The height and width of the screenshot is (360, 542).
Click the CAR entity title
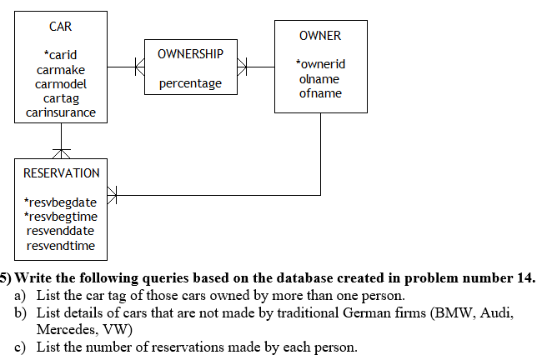pyautogui.click(x=61, y=27)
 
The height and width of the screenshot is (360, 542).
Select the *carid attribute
pyautogui.click(x=61, y=55)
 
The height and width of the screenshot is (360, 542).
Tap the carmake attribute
pyautogui.click(x=61, y=70)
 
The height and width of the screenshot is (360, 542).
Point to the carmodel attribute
pyautogui.click(x=61, y=84)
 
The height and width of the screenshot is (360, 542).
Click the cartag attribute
pyautogui.click(x=61, y=98)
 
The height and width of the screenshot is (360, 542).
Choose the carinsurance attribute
pyautogui.click(x=61, y=112)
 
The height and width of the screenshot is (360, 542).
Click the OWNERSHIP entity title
pyautogui.click(x=190, y=54)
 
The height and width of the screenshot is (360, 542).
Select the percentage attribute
pyautogui.click(x=190, y=83)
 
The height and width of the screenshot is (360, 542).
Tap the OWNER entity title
pyautogui.click(x=320, y=36)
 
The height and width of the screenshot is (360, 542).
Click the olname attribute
pyautogui.click(x=320, y=78)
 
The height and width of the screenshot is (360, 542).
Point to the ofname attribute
pyautogui.click(x=320, y=92)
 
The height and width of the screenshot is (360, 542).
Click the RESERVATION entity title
pyautogui.click(x=61, y=173)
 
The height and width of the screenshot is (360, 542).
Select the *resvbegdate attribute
pyautogui.click(x=61, y=202)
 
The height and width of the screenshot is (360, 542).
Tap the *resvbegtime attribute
pyautogui.click(x=61, y=217)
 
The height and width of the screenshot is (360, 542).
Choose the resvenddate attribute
pyautogui.click(x=61, y=231)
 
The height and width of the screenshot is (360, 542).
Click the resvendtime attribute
pyautogui.click(x=61, y=245)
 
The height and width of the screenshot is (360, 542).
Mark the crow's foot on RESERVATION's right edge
pyautogui.click(x=113, y=196)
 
